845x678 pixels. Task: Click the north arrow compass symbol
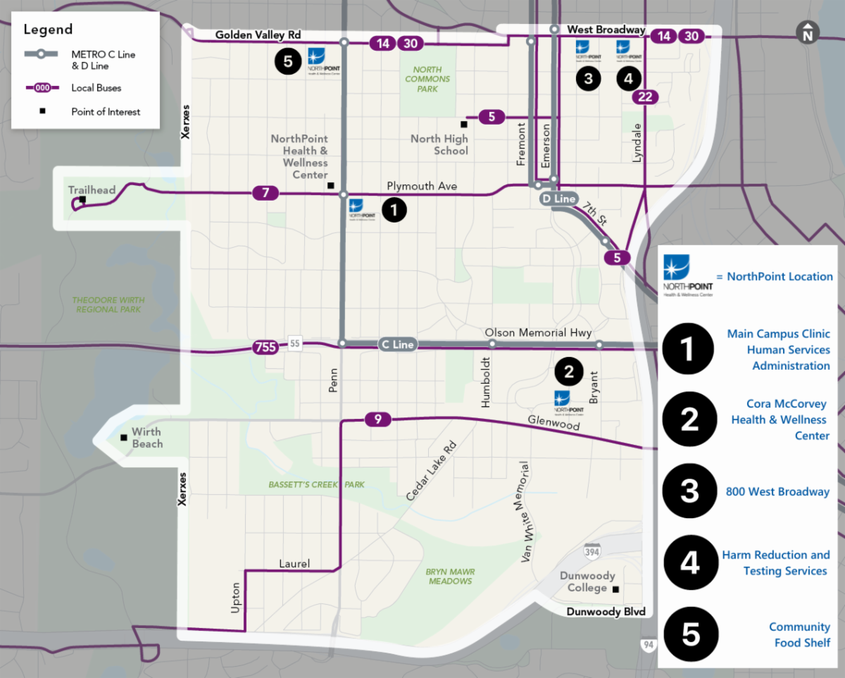click(x=807, y=32)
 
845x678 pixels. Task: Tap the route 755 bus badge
click(x=265, y=346)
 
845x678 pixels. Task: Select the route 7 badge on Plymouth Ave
click(x=265, y=192)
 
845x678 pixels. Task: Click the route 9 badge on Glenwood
click(x=378, y=420)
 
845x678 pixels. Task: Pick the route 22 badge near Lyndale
click(x=645, y=97)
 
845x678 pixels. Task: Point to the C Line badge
click(x=397, y=344)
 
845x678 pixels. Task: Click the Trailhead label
click(x=92, y=190)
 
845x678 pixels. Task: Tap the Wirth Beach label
click(x=147, y=437)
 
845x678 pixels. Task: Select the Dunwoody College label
click(x=587, y=582)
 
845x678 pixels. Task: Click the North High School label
click(x=440, y=144)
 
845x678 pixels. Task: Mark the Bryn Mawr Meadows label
click(x=449, y=576)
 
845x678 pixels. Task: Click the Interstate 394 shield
click(x=592, y=548)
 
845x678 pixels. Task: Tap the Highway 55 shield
click(x=294, y=344)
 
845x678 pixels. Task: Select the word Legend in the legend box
click(x=48, y=30)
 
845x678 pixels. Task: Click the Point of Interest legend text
click(x=106, y=111)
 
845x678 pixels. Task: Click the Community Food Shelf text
click(x=799, y=634)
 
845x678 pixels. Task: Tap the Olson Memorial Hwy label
click(x=538, y=332)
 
